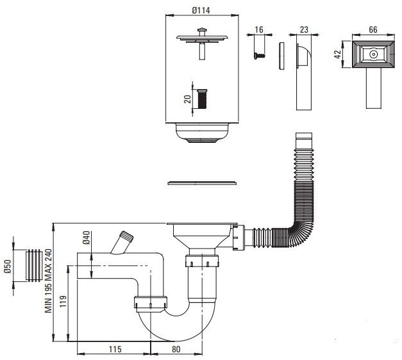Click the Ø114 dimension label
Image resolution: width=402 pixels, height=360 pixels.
pyautogui.click(x=201, y=10)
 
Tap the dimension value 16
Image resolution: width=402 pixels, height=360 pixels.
pyautogui.click(x=259, y=29)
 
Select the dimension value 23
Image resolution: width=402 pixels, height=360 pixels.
pyautogui.click(x=304, y=29)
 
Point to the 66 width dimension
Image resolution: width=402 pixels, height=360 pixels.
pyautogui.click(x=373, y=29)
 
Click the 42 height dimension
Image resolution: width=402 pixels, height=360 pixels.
pyautogui.click(x=338, y=54)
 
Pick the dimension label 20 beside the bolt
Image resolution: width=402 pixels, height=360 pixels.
pyautogui.click(x=188, y=99)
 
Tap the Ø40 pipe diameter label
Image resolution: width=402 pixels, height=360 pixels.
pyautogui.click(x=87, y=238)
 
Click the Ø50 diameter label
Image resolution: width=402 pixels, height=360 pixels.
pyautogui.click(x=8, y=266)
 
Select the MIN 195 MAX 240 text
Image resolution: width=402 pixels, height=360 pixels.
pyautogui.click(x=49, y=281)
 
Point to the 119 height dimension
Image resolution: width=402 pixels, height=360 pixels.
pyautogui.click(x=63, y=301)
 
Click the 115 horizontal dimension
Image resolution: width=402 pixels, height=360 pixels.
pyautogui.click(x=115, y=349)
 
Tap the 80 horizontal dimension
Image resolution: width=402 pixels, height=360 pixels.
pyautogui.click(x=176, y=349)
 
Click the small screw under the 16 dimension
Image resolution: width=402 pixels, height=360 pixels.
pyautogui.click(x=260, y=56)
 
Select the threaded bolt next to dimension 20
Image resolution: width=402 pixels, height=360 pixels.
pyautogui.click(x=202, y=99)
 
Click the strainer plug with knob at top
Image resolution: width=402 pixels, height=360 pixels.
pyautogui.click(x=202, y=43)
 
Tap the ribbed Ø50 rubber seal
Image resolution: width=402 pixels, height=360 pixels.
pyautogui.click(x=34, y=265)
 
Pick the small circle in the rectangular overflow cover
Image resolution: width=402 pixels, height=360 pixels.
pyautogui.click(x=373, y=54)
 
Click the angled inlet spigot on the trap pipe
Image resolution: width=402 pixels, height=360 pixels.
pyautogui.click(x=122, y=243)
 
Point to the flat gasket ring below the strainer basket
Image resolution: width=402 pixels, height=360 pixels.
pyautogui.click(x=202, y=183)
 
